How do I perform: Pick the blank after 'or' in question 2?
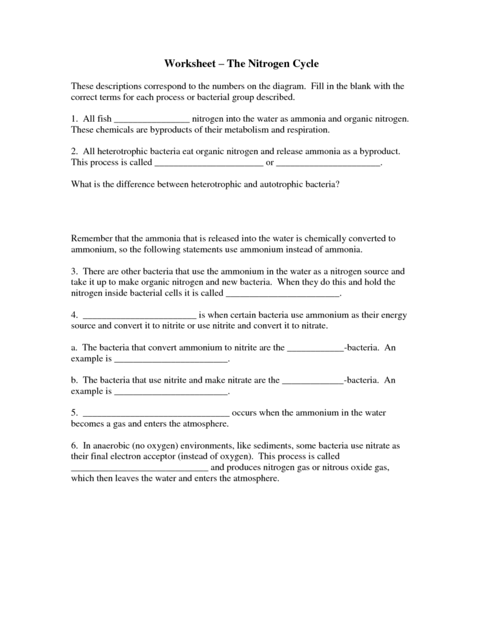[x=328, y=164]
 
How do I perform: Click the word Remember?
[x=90, y=238]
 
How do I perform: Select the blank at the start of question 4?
[x=140, y=316]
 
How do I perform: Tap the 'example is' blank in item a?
[x=171, y=358]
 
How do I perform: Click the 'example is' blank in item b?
[x=171, y=391]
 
